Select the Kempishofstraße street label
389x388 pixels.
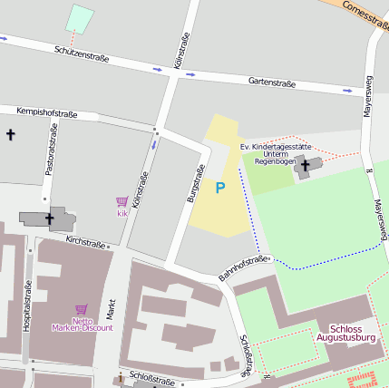click(x=46, y=113)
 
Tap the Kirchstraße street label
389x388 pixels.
click(x=87, y=241)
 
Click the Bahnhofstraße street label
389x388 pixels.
click(x=244, y=267)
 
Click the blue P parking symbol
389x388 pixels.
click(x=219, y=188)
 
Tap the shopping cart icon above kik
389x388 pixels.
click(x=122, y=201)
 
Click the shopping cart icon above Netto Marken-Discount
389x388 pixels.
click(x=82, y=309)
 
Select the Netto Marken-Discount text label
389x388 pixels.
click(x=82, y=324)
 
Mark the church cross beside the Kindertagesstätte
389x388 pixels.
click(x=306, y=165)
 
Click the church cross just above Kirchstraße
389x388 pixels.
click(x=49, y=218)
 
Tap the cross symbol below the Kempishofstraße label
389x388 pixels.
click(x=10, y=135)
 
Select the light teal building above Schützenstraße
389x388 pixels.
click(x=80, y=19)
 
